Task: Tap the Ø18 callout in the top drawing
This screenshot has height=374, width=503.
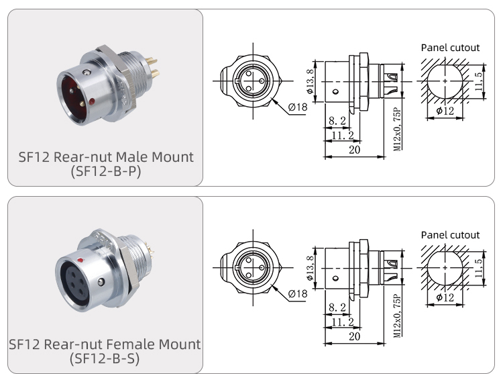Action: (x=297, y=106)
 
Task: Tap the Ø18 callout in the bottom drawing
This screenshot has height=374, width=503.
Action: (x=297, y=293)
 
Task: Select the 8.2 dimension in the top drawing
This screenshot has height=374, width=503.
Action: (x=337, y=121)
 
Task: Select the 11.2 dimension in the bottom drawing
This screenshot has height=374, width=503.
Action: (x=343, y=322)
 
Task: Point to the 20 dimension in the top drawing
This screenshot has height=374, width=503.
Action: (x=354, y=150)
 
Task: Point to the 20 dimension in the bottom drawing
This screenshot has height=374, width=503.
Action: (x=354, y=337)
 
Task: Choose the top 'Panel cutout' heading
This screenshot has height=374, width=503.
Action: (x=450, y=48)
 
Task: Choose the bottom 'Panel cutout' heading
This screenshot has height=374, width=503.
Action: (x=450, y=235)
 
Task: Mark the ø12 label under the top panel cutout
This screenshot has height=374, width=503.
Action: (x=444, y=111)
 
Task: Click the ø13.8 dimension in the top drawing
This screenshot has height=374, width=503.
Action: (x=310, y=81)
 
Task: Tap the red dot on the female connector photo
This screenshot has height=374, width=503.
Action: (x=81, y=257)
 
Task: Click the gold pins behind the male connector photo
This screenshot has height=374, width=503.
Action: (x=152, y=67)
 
